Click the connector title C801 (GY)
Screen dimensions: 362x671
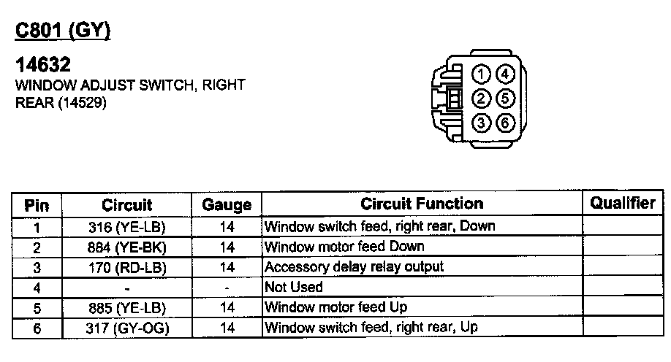click(x=62, y=31)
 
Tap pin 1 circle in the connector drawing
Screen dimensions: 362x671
click(x=481, y=74)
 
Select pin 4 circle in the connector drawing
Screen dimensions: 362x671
click(x=506, y=74)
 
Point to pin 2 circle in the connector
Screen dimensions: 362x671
click(x=481, y=99)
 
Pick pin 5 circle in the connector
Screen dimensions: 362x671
click(x=506, y=99)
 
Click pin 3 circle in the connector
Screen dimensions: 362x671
click(x=481, y=123)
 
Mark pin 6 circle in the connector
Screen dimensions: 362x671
click(x=506, y=123)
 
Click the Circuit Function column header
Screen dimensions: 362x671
click(x=422, y=204)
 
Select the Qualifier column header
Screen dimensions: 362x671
click(x=622, y=204)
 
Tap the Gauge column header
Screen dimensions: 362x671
click(x=227, y=205)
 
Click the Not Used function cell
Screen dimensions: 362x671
click(x=293, y=287)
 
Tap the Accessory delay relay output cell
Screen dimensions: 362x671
click(x=354, y=267)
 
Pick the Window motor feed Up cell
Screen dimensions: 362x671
click(x=335, y=307)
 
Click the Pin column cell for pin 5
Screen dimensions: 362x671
click(x=37, y=307)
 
